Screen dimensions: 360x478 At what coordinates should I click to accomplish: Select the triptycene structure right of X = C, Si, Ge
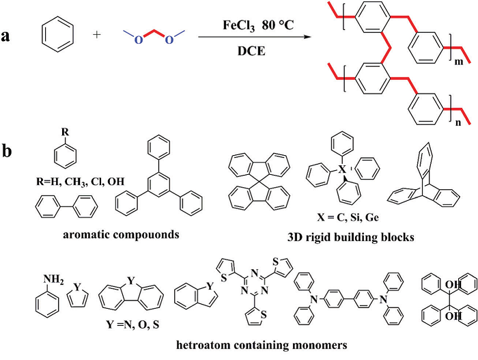point(416,180)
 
